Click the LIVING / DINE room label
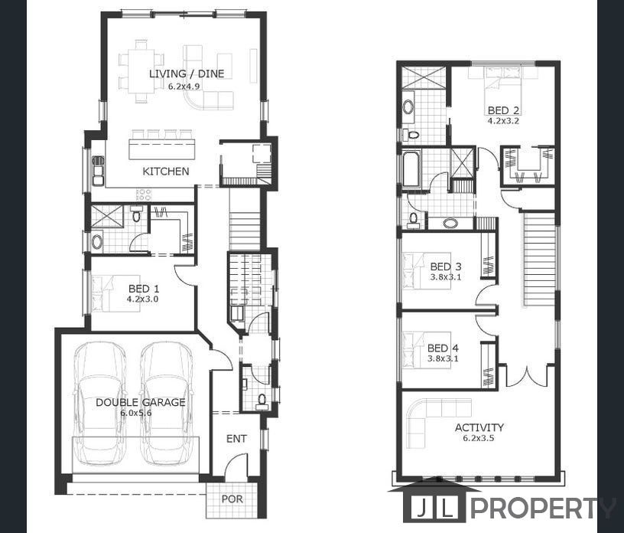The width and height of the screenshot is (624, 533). [x=187, y=74]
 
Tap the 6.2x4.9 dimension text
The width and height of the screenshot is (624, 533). [x=184, y=86]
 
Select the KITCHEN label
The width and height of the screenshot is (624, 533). [x=165, y=172]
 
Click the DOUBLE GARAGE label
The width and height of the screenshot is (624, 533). [x=141, y=402]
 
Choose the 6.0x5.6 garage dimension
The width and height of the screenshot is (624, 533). [x=136, y=413]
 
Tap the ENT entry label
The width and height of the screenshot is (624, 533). [x=236, y=439]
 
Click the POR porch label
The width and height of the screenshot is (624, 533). [x=232, y=499]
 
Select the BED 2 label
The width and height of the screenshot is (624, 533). [x=503, y=110]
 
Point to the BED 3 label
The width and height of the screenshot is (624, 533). [x=446, y=266]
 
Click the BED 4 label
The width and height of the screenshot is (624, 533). [x=443, y=348]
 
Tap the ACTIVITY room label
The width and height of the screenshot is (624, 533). [x=479, y=427]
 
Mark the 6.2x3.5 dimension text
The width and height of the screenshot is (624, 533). [x=479, y=438]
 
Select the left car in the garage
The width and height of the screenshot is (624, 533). [x=100, y=404]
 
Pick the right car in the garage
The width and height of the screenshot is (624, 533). [x=167, y=404]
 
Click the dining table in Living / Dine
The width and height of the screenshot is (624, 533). [x=141, y=71]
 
